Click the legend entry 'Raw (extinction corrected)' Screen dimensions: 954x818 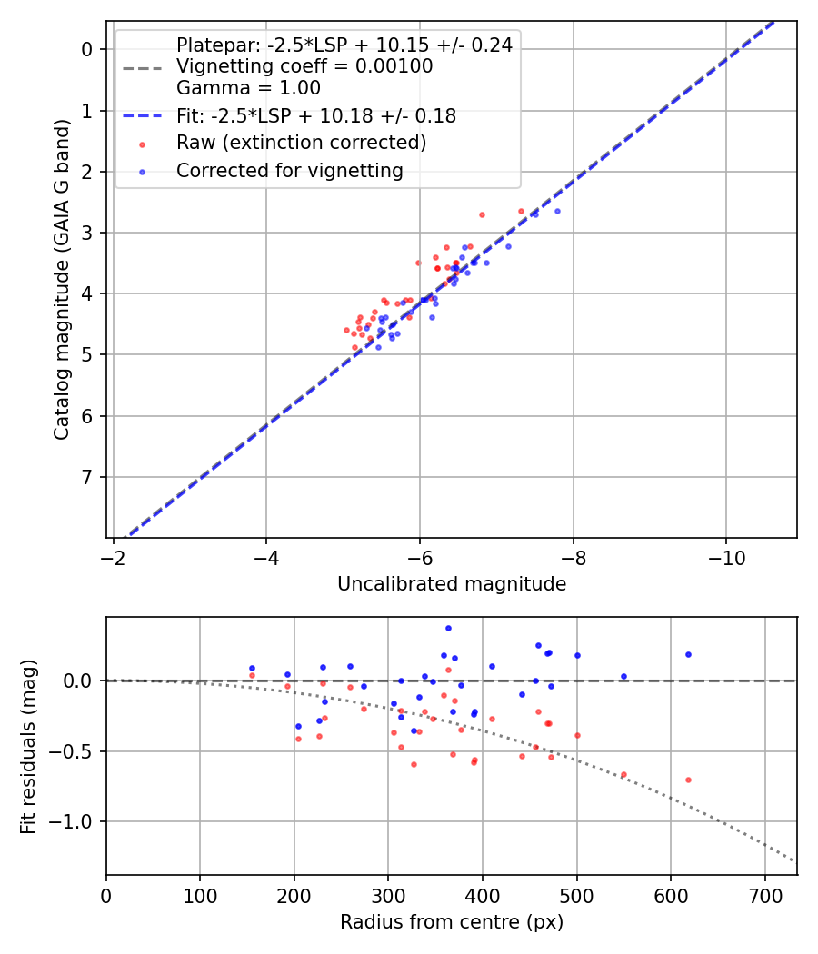pyautogui.click(x=301, y=143)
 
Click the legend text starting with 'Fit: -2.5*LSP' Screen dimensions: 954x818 pyautogui.click(x=315, y=116)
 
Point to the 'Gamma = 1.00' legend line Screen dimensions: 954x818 pyautogui.click(x=248, y=88)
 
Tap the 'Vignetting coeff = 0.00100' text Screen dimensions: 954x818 pyautogui.click(x=304, y=66)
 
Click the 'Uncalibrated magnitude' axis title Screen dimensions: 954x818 pyautogui.click(x=452, y=584)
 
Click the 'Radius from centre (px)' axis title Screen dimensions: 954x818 pyautogui.click(x=452, y=922)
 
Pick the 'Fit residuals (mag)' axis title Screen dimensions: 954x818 pyautogui.click(x=29, y=746)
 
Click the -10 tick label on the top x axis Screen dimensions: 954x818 pyautogui.click(x=725, y=553)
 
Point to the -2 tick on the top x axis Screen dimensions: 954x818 pyautogui.click(x=113, y=553)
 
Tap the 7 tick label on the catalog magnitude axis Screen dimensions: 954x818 pyautogui.click(x=88, y=477)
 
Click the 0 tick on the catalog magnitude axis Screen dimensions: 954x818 pyautogui.click(x=88, y=49)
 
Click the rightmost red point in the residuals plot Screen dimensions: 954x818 pyautogui.click(x=688, y=780)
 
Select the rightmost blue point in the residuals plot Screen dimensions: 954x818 pyautogui.click(x=688, y=654)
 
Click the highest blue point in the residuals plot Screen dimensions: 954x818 pyautogui.click(x=448, y=628)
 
